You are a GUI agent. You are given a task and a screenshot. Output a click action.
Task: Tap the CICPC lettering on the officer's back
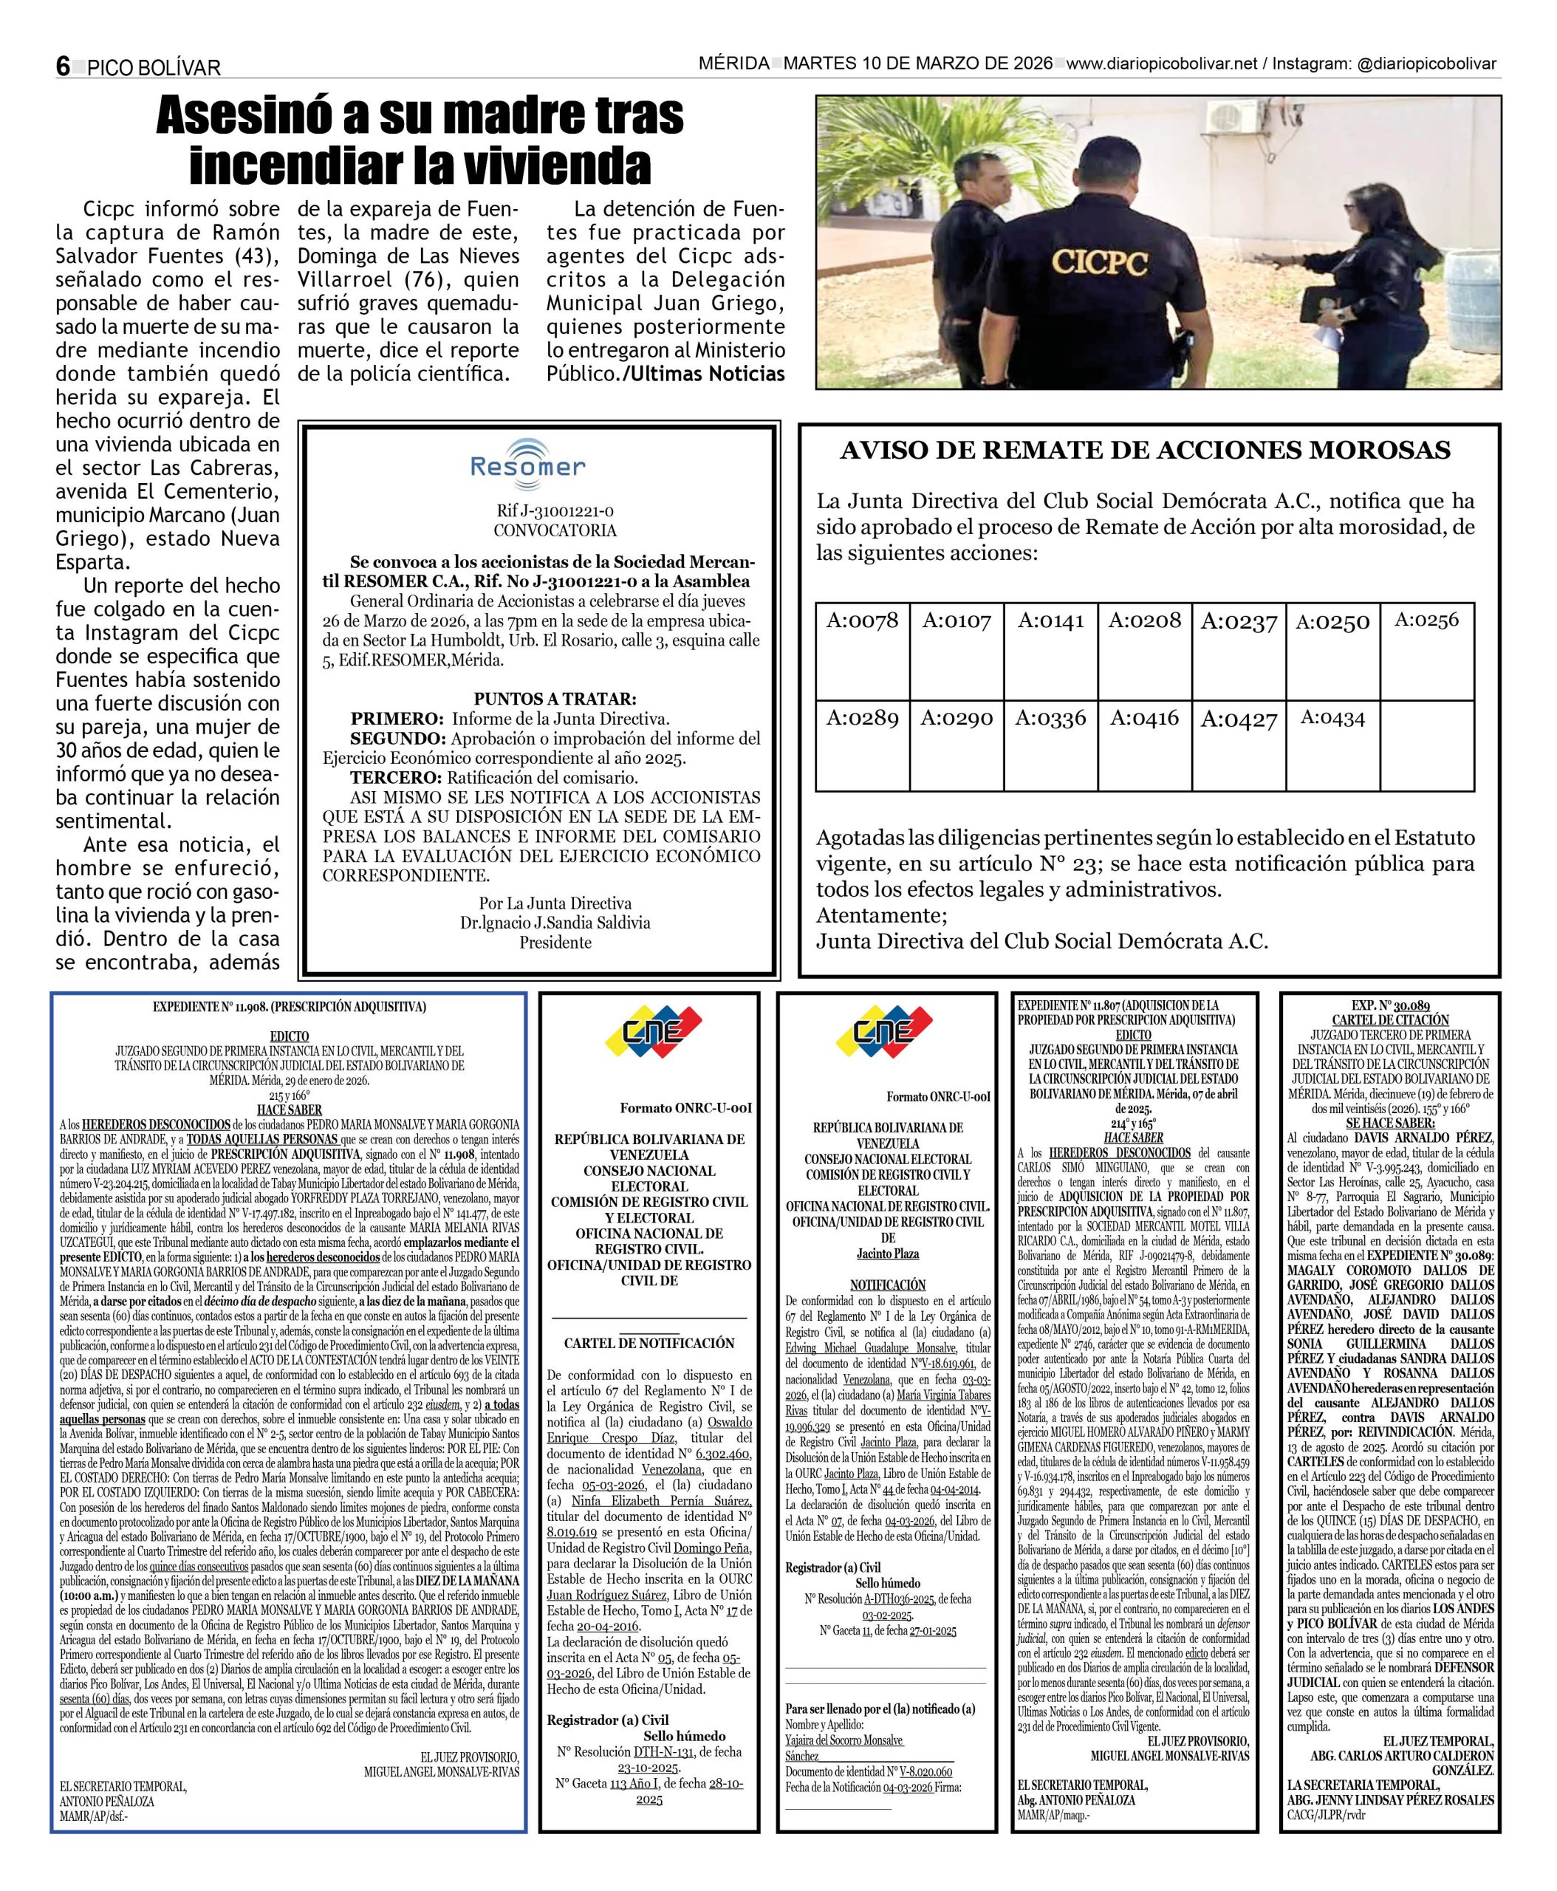click(1100, 262)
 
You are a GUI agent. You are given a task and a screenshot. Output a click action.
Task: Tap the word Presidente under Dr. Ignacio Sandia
click(555, 942)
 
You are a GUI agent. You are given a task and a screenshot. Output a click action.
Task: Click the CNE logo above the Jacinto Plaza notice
click(883, 1032)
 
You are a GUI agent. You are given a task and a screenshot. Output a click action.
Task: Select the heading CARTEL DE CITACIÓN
click(1389, 1020)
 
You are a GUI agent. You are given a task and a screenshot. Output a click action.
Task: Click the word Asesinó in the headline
click(254, 117)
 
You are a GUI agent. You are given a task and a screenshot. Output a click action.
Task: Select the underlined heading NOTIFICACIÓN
click(887, 1285)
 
